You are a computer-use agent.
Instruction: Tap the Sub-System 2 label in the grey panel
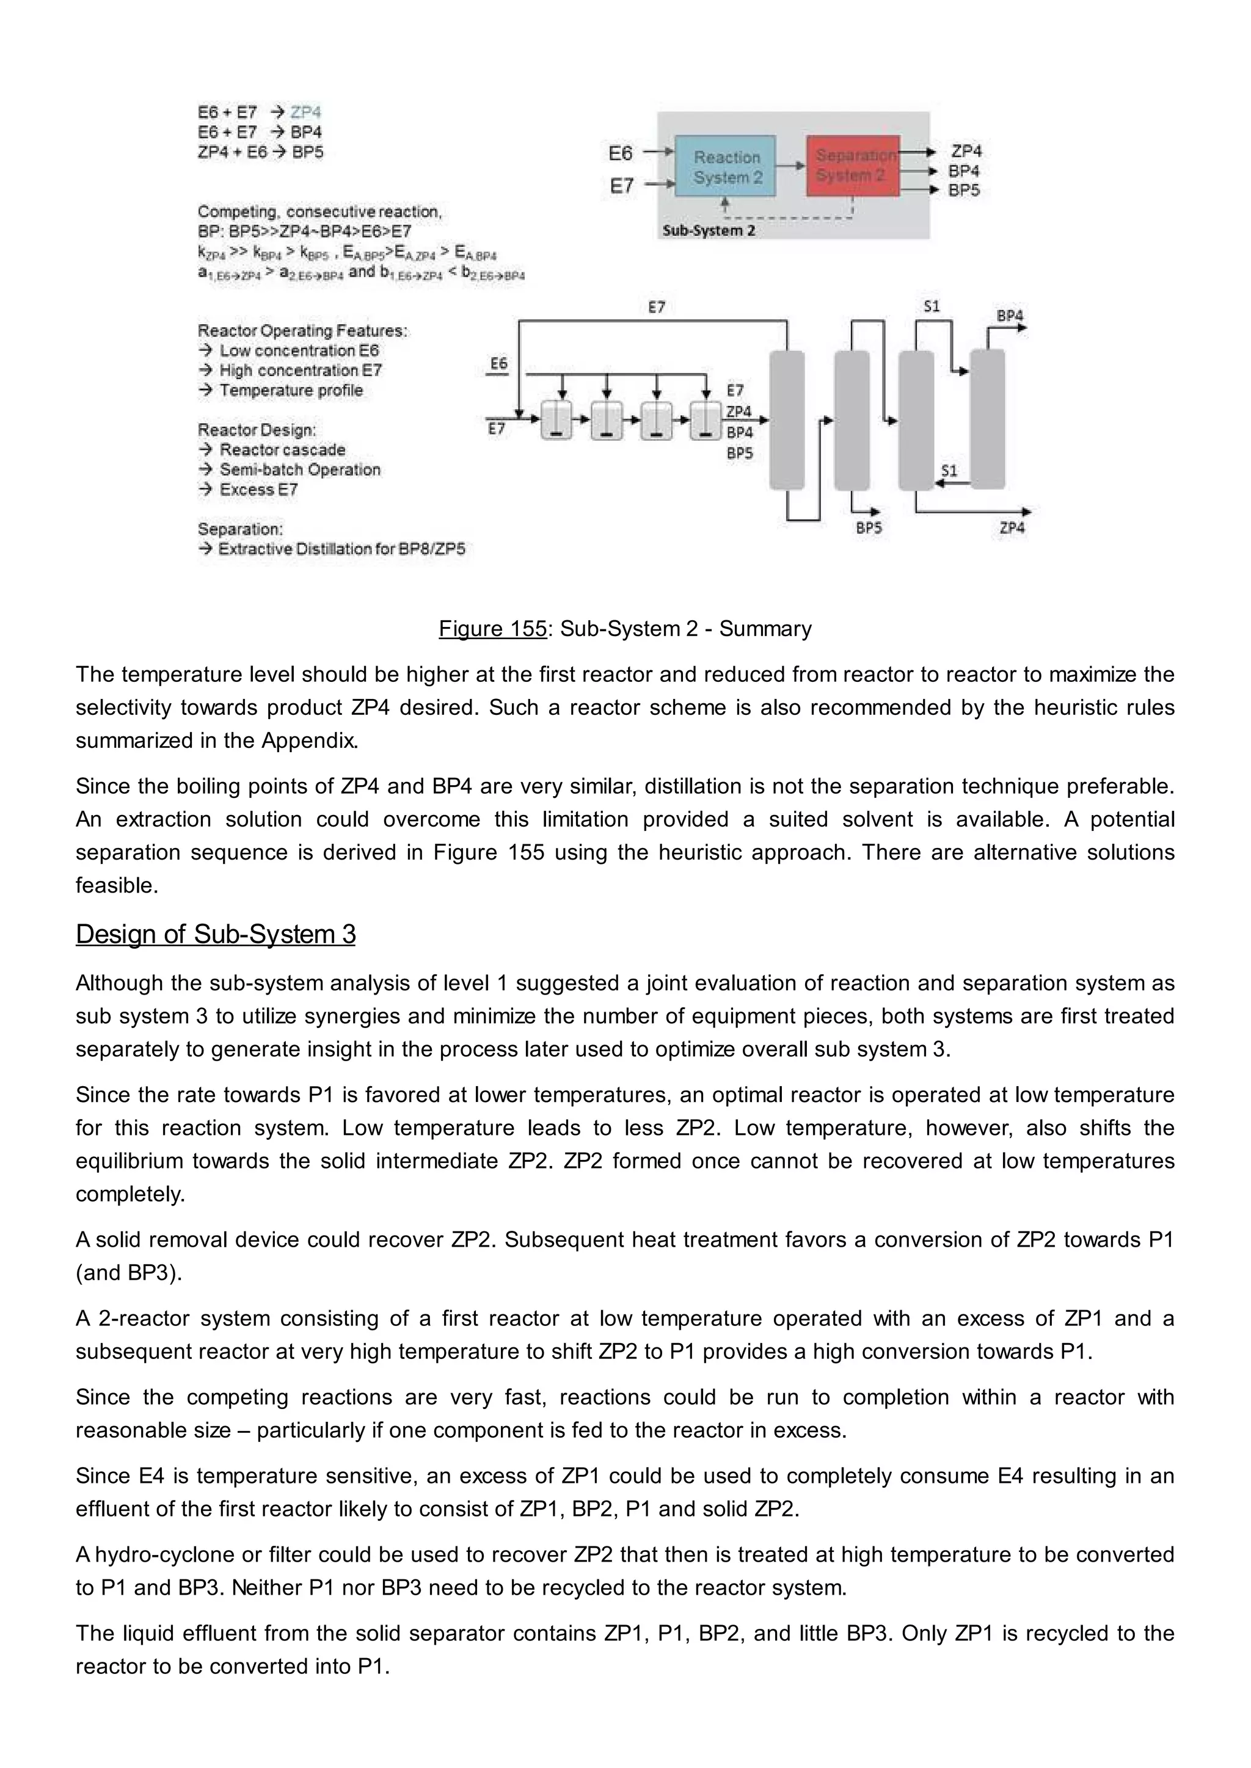click(709, 230)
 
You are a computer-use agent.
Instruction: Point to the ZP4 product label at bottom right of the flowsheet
click(1012, 528)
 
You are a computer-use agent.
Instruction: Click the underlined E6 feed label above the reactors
click(499, 363)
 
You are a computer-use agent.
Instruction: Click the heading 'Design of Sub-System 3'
click(216, 934)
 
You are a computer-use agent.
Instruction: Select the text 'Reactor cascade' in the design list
click(282, 450)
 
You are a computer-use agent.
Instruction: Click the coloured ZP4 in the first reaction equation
click(306, 112)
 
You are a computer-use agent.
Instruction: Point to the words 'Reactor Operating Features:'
click(302, 330)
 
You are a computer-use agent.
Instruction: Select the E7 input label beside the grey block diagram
click(622, 186)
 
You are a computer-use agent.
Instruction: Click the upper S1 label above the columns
click(932, 306)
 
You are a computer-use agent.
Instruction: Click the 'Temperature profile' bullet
click(290, 390)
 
